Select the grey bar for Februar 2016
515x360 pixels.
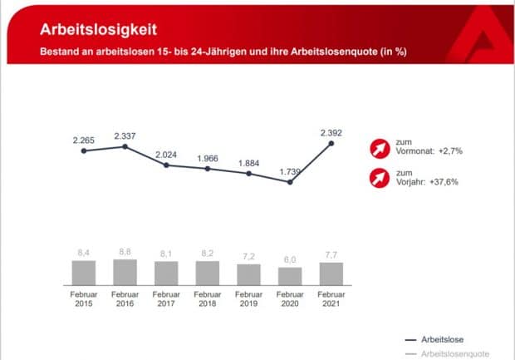(125, 273)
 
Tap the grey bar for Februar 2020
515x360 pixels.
(290, 277)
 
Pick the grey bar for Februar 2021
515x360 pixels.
(331, 274)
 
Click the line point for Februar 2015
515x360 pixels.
(84, 150)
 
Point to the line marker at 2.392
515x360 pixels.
(331, 143)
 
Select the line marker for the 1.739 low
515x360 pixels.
(290, 181)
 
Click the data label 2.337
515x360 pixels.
(125, 135)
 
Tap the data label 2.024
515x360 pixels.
(166, 153)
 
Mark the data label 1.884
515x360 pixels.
(248, 162)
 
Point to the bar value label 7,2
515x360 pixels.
(248, 257)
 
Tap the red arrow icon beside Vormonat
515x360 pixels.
(378, 149)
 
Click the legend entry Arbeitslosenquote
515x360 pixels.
(449, 353)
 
